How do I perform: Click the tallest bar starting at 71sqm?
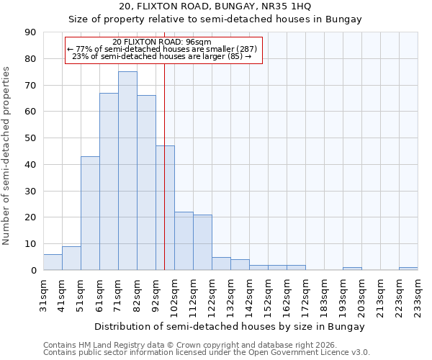[x=127, y=171]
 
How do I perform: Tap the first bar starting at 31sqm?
[x=53, y=262]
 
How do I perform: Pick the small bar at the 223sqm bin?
[x=408, y=269]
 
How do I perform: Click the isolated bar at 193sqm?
[x=352, y=269]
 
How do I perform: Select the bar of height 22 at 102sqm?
[x=184, y=241]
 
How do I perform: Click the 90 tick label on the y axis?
[x=30, y=32]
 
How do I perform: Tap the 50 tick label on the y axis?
[x=30, y=138]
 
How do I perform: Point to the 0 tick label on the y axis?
[x=33, y=271]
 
